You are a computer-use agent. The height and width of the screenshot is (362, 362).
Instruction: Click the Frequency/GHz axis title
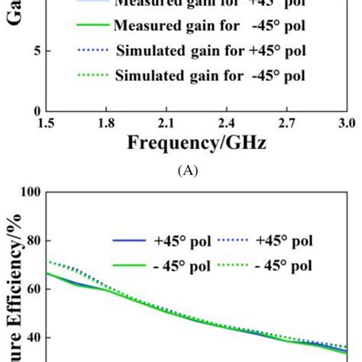tap(195, 143)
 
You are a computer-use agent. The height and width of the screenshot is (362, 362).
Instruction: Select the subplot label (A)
tap(187, 171)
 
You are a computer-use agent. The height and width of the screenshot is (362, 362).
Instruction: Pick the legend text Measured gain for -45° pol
tap(209, 26)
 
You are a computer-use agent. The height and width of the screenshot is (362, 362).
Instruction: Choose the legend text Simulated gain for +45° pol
tap(210, 51)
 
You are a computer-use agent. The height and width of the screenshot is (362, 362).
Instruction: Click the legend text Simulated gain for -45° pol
tap(210, 76)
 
